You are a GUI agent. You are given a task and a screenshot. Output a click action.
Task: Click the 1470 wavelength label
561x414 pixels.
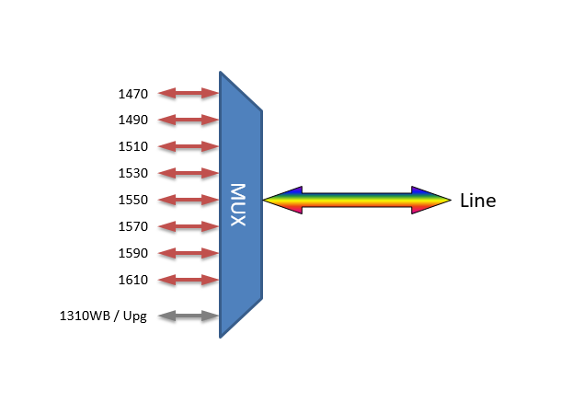(132, 94)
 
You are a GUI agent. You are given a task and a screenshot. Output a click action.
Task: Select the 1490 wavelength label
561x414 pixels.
(132, 121)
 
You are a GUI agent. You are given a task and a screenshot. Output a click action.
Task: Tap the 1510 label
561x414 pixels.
(132, 147)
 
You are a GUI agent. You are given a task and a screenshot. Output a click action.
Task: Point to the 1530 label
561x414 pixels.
(132, 174)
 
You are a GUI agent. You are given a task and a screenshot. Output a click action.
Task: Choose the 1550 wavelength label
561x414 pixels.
(132, 201)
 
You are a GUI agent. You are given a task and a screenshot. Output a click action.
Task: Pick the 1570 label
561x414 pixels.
(132, 227)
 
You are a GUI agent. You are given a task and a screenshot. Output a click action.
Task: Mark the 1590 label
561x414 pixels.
(132, 254)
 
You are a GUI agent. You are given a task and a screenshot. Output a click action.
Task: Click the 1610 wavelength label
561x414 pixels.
(132, 281)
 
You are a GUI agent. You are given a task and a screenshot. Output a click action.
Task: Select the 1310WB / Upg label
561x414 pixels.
(103, 317)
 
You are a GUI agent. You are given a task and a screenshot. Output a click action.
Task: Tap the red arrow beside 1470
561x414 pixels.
(189, 93)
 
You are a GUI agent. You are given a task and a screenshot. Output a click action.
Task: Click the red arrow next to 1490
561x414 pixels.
(189, 120)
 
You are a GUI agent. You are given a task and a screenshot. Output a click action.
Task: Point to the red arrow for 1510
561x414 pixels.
(189, 146)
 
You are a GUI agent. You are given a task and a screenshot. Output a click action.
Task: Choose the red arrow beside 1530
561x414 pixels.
(189, 173)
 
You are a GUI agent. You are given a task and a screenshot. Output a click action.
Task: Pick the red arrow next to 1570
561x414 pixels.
(189, 226)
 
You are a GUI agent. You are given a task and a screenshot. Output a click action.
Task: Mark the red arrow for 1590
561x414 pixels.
(189, 253)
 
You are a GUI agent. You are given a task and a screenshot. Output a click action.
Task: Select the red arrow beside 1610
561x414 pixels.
(189, 280)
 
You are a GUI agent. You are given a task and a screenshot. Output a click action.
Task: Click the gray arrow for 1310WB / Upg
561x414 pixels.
(189, 316)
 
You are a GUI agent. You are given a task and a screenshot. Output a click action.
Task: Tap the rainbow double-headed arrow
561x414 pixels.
(357, 200)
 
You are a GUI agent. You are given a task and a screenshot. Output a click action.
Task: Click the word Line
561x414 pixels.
(477, 201)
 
